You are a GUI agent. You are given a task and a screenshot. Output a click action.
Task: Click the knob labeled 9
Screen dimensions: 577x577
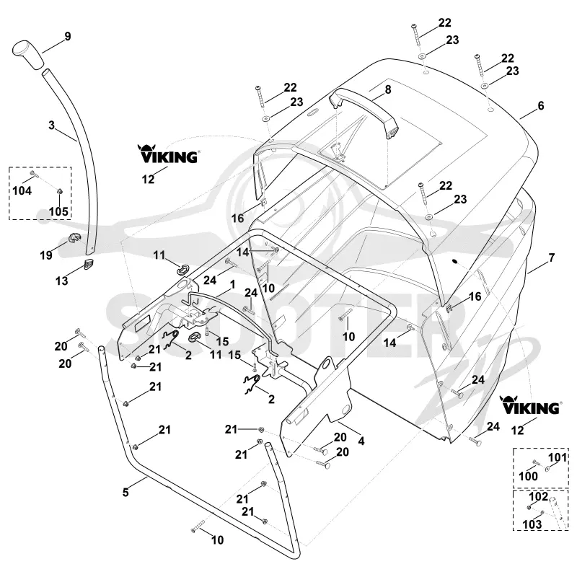27,55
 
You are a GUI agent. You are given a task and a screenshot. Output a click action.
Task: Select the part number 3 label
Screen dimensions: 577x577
51,125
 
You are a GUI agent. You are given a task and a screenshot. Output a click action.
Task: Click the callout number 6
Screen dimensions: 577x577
540,105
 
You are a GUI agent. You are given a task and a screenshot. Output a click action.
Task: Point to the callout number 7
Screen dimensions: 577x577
551,257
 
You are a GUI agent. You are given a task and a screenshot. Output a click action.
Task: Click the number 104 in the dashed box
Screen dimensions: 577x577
22,190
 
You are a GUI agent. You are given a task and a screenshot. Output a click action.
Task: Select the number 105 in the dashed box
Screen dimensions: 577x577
58,211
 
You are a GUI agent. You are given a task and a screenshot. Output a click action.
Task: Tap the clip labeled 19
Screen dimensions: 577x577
74,239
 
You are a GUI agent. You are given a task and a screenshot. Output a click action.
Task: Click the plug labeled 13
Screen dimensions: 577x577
89,264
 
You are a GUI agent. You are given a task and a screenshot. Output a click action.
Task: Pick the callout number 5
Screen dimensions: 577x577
125,492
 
